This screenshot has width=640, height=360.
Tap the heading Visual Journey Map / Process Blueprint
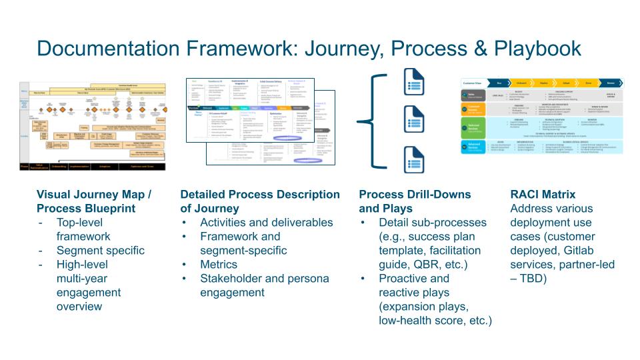93,201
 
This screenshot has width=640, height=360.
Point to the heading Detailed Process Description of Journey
260,201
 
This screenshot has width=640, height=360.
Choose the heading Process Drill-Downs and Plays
415,201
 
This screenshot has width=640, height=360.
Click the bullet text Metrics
219,265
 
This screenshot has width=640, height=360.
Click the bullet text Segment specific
100,251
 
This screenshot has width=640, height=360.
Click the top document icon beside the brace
410,79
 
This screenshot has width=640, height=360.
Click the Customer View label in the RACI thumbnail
473,82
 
